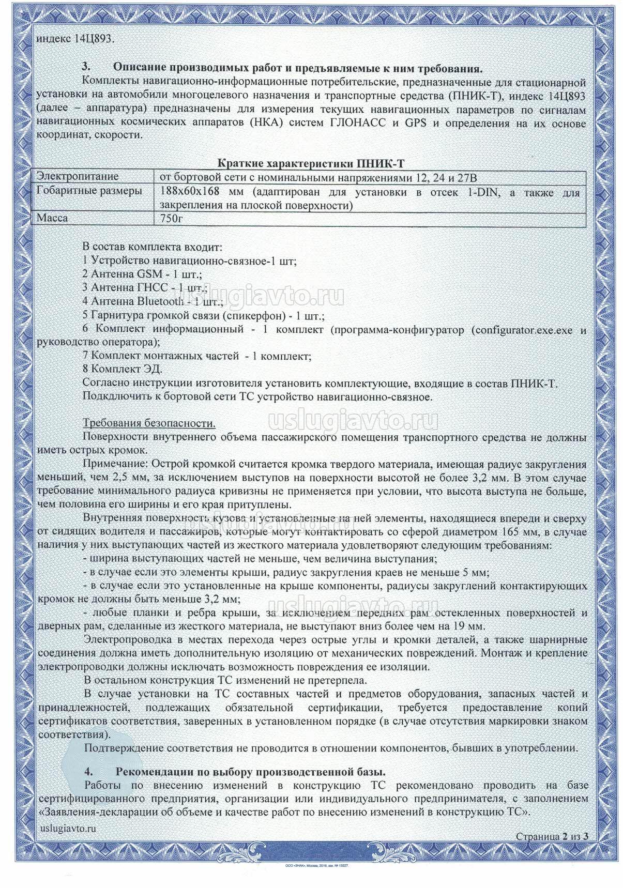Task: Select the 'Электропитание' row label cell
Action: pos(78,177)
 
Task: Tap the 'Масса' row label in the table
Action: pos(52,218)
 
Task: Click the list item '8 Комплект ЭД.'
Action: pos(123,369)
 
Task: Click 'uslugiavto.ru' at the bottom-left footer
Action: pos(68,828)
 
